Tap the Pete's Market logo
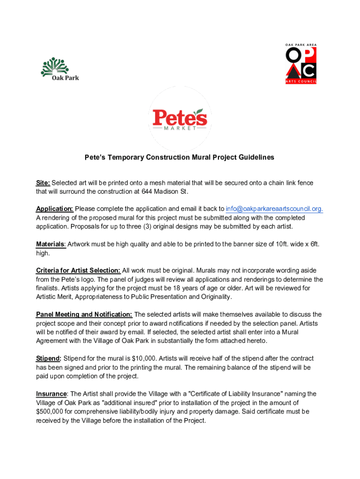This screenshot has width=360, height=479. [x=180, y=120]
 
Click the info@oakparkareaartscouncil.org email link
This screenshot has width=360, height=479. [x=274, y=209]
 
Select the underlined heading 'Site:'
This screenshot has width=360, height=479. [x=43, y=182]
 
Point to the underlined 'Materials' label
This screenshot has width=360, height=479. [x=51, y=244]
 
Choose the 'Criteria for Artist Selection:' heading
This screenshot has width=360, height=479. [x=79, y=270]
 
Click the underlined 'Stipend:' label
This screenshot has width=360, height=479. [x=49, y=358]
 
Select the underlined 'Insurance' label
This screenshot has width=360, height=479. [x=52, y=394]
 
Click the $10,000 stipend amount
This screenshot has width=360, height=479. [x=144, y=358]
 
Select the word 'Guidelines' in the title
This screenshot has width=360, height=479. [x=255, y=158]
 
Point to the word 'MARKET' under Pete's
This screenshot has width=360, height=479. [x=180, y=129]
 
